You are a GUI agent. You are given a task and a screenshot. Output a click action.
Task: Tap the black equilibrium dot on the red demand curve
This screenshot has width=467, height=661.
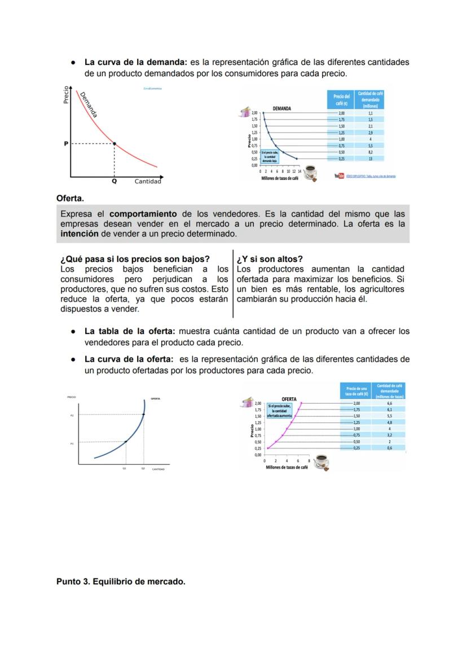[114, 144]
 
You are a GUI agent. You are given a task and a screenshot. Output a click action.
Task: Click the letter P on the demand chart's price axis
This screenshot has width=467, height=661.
[65, 144]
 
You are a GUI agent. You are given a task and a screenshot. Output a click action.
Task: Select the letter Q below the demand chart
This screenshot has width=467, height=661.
[114, 181]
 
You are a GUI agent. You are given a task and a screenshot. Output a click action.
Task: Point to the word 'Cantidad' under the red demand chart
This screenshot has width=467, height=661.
[148, 181]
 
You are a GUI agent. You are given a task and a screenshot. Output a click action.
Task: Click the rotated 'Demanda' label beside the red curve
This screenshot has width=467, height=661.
[89, 104]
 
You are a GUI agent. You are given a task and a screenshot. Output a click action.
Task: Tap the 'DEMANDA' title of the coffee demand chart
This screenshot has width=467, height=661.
[282, 108]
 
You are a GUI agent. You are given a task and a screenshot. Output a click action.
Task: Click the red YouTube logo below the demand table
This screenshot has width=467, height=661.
[339, 176]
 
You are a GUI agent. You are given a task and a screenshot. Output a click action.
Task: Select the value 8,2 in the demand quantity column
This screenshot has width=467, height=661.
[370, 152]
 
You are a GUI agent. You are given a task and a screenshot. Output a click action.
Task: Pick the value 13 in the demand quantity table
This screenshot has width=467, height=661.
[370, 159]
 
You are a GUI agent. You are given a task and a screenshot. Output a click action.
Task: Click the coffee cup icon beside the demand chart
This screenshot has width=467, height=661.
[310, 172]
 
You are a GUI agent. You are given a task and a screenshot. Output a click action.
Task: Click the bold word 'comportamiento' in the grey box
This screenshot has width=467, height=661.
[144, 214]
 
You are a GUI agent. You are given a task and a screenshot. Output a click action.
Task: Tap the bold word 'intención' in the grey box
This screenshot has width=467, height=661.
[79, 233]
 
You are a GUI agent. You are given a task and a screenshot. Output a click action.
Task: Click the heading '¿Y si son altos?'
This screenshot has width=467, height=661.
[270, 260]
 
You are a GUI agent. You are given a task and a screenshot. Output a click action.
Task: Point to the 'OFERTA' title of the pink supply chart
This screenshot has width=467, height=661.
[289, 399]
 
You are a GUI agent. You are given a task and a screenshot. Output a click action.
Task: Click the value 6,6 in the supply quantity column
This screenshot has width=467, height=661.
[389, 404]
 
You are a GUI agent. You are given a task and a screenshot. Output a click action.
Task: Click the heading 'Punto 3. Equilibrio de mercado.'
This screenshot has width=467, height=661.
[121, 581]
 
